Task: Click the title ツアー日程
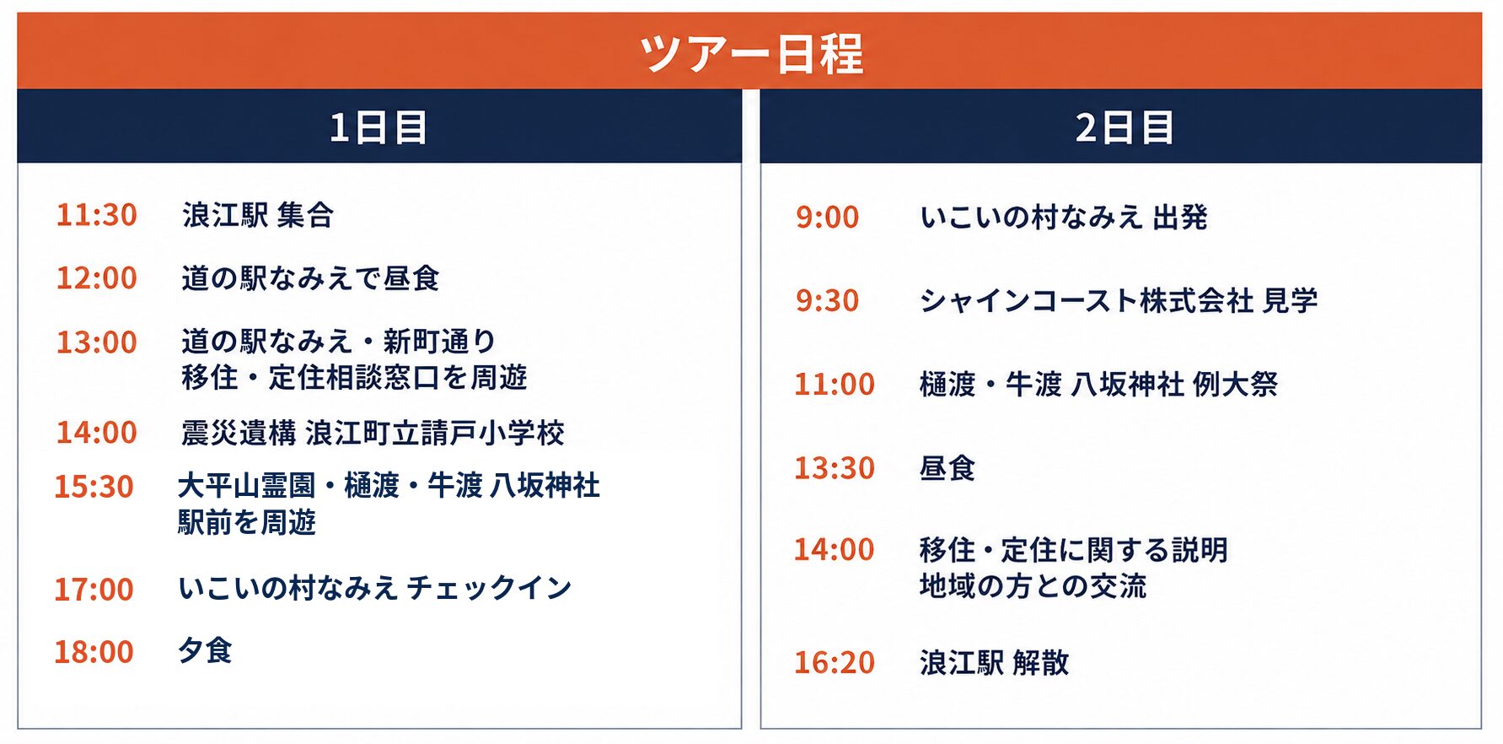click(751, 53)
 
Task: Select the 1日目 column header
click(378, 127)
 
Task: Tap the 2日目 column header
click(1124, 127)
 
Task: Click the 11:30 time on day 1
click(96, 215)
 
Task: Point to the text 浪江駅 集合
click(258, 215)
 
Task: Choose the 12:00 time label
click(96, 278)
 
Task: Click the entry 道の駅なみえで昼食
click(310, 278)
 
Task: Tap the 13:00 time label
click(96, 342)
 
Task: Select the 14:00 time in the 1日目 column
click(96, 432)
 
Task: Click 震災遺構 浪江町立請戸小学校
click(373, 433)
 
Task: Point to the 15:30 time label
click(94, 487)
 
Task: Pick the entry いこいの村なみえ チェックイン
click(375, 588)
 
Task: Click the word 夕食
click(205, 650)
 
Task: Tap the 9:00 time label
click(827, 218)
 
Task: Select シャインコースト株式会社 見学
click(1119, 300)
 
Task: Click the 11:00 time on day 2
click(835, 385)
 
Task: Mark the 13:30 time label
click(835, 468)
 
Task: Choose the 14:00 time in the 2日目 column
click(835, 550)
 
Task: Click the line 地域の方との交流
click(1033, 586)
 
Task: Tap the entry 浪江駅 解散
click(995, 663)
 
